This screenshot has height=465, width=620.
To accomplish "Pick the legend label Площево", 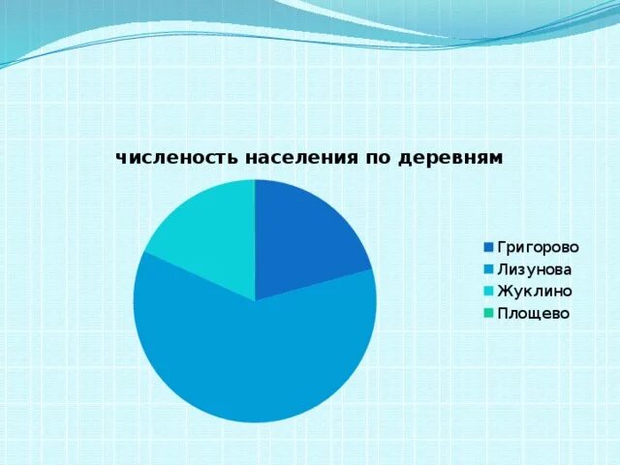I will (x=533, y=313).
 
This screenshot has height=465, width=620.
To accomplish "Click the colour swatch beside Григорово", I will (x=489, y=248).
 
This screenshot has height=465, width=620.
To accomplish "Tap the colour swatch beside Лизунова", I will (x=489, y=269).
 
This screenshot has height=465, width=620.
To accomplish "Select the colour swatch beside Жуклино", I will (x=489, y=291).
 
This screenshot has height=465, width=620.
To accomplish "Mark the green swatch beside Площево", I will (x=489, y=313).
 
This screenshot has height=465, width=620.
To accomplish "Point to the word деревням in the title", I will (x=449, y=158).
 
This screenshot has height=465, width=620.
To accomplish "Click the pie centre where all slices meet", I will (x=255, y=300).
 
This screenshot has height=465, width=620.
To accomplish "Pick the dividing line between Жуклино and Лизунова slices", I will (x=200, y=276).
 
